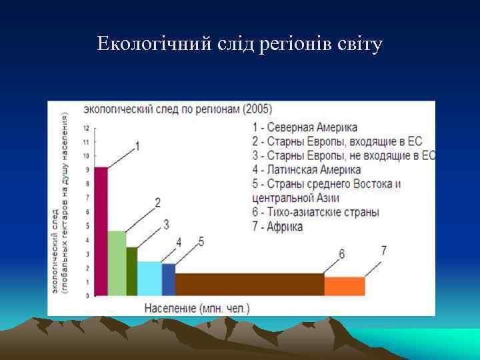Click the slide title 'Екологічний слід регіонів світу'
(239, 45)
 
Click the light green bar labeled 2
(117, 263)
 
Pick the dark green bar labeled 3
(132, 271)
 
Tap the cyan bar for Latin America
(149, 278)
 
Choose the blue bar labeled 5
(168, 279)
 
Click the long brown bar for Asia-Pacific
(249, 284)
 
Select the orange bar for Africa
(345, 285)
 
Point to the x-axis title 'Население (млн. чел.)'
(197, 308)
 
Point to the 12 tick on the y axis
(86, 127)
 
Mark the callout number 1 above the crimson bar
(137, 145)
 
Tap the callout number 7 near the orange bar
(383, 251)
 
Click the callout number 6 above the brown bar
(341, 254)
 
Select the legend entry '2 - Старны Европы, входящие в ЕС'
(337, 141)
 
